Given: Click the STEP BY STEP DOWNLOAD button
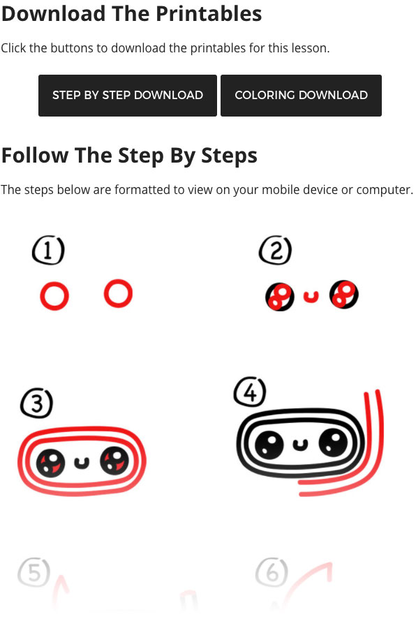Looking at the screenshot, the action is coord(128,96).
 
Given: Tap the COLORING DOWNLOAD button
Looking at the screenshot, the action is coord(301,96).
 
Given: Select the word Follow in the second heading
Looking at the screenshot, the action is coord(35,155).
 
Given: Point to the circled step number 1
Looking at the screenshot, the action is coord(48,251).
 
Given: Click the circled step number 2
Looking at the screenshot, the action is coord(276,251).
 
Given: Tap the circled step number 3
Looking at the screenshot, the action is coord(36,403).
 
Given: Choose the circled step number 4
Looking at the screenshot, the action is coord(250,392).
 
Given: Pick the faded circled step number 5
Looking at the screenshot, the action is coord(34,572).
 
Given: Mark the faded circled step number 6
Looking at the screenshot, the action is coord(272,572).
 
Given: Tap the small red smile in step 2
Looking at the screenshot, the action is coord(311,297).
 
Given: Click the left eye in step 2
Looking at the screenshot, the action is coord(280,297).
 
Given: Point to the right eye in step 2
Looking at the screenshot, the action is coord(343,295).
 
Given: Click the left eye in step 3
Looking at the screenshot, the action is coord(51,463).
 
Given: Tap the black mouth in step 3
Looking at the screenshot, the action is coord(82,463).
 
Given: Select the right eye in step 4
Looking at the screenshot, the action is coord(334,442).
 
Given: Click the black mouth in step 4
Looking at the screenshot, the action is coord(301,445).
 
